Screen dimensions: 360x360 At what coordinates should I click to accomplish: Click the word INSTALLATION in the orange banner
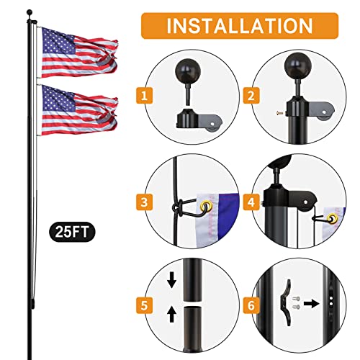click(240, 26)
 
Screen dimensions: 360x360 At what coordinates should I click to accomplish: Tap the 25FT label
click(72, 232)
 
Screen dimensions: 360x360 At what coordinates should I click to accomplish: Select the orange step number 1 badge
click(144, 96)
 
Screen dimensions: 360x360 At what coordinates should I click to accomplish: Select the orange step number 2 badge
click(251, 96)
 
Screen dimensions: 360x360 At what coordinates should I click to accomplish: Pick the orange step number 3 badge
click(144, 202)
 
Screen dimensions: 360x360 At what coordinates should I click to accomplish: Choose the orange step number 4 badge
click(251, 202)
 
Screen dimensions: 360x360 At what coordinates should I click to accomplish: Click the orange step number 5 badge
click(144, 305)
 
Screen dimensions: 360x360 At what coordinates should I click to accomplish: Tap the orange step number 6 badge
click(251, 305)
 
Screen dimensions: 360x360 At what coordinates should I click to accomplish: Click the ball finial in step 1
click(188, 71)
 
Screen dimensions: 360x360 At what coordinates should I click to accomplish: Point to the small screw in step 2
click(279, 112)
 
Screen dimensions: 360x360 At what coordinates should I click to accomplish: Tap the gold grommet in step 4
click(333, 219)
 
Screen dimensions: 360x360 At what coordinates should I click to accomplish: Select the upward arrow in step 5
click(172, 315)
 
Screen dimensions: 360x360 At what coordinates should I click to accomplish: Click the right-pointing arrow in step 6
click(311, 304)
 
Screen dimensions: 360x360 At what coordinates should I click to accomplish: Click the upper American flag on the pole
click(79, 53)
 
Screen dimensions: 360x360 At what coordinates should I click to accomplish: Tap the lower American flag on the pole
click(79, 110)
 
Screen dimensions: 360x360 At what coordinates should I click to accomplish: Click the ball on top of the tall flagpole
click(30, 12)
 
